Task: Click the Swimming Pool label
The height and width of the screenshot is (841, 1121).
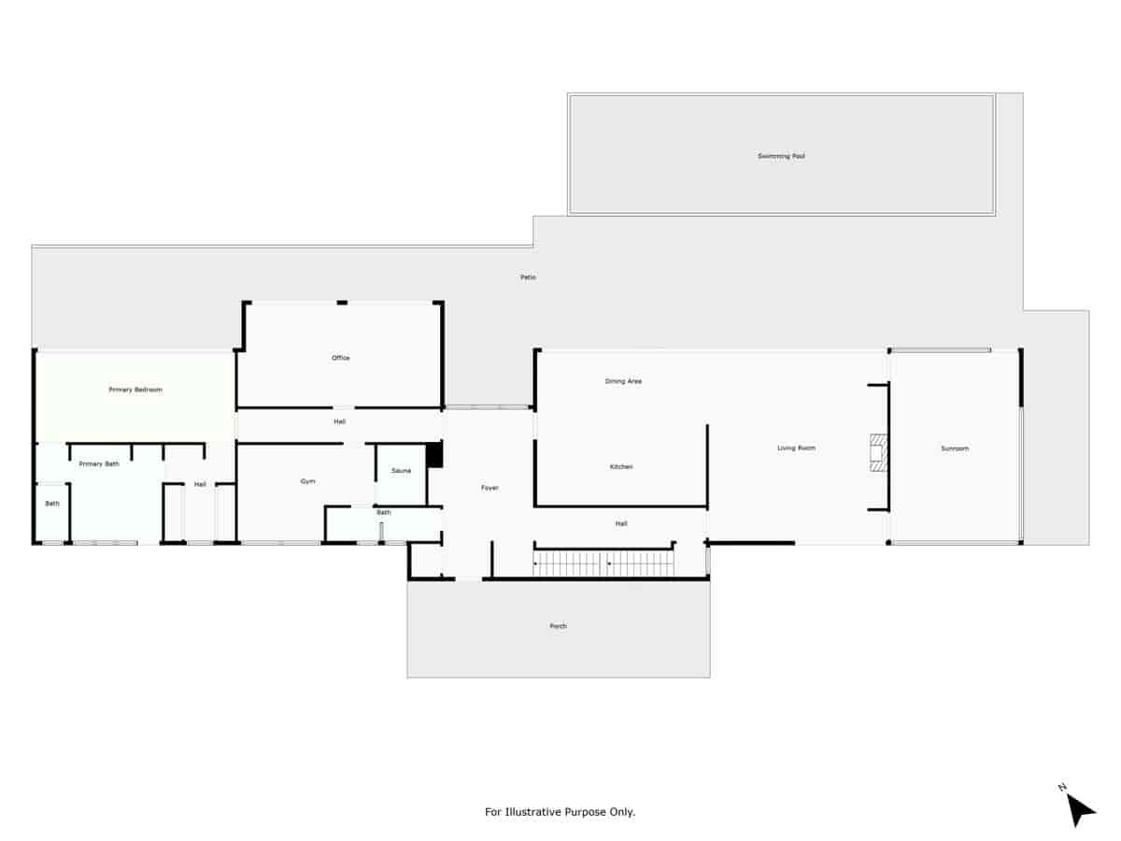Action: (x=781, y=156)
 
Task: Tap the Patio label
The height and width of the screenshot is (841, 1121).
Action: (x=528, y=278)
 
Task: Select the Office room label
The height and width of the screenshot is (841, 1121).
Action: (x=341, y=358)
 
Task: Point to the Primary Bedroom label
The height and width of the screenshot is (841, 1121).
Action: (x=135, y=390)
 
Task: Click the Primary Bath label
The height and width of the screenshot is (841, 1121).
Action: (x=99, y=464)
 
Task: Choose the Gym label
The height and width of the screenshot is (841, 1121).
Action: (x=307, y=481)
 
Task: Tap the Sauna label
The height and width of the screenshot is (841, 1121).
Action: (x=401, y=471)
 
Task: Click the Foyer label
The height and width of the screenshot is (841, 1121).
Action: (x=490, y=488)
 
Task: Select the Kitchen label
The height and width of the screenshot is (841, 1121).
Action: (x=621, y=466)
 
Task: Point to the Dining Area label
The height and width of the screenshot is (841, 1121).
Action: (x=623, y=381)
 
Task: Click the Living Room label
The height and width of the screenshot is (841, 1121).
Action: (x=796, y=449)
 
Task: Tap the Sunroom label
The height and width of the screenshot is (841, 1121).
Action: (x=955, y=449)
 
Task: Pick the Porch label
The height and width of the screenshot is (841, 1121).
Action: (x=559, y=626)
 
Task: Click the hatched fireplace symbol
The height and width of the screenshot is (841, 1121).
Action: (x=878, y=453)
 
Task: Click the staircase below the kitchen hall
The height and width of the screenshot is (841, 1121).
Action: (x=603, y=563)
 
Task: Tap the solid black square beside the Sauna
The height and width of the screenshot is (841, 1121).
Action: (x=434, y=454)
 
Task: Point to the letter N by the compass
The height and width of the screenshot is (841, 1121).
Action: (x=1062, y=787)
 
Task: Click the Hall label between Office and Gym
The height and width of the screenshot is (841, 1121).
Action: (x=340, y=421)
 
